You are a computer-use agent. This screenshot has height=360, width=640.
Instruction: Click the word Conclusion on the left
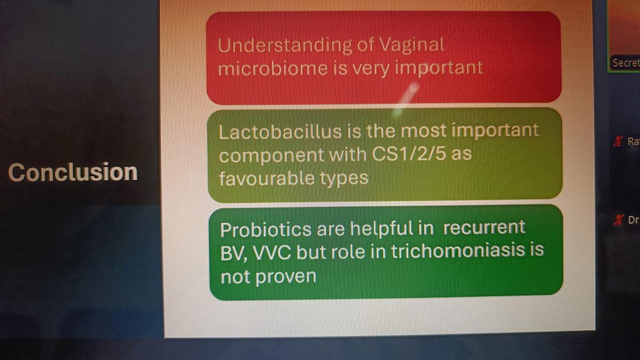coord(73,172)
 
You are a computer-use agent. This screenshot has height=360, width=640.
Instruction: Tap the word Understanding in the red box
coord(285,46)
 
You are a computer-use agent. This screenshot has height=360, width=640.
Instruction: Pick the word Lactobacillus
coord(281,132)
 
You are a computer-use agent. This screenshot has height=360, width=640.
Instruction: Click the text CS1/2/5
coord(409,154)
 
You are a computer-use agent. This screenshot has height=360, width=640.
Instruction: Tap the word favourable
coord(267,178)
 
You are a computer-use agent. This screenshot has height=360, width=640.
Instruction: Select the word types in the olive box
coord(344,179)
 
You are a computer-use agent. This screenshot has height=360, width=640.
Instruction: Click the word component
coord(271,156)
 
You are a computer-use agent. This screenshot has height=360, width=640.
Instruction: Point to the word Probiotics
coord(266,230)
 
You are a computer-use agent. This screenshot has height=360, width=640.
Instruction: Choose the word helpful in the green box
coord(382,229)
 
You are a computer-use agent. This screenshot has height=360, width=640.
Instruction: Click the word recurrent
coord(484,228)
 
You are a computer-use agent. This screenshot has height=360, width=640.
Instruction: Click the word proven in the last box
coord(286,277)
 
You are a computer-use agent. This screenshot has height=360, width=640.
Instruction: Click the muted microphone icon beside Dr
coord(618,220)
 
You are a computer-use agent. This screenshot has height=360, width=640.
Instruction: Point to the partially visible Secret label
coord(626,63)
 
